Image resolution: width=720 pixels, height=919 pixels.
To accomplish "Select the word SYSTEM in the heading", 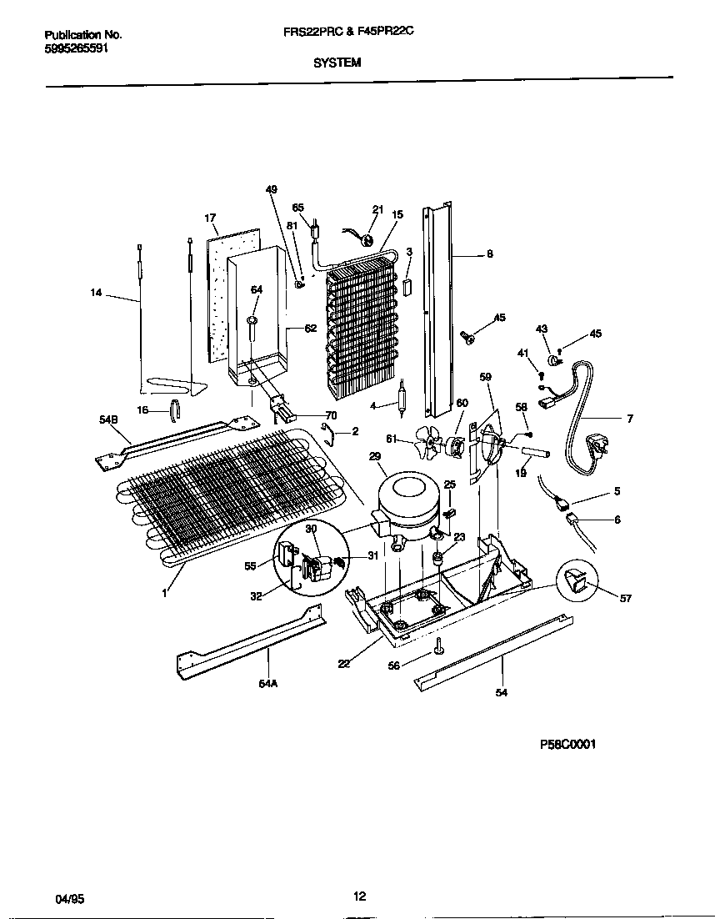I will [337, 62].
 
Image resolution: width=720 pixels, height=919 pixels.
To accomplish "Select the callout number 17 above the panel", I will [210, 218].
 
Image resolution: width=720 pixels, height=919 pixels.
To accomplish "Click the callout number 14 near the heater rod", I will [97, 292].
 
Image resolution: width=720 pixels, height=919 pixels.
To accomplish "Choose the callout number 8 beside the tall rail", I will [489, 254].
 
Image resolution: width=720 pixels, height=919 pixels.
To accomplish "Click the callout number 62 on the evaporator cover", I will [310, 328].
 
